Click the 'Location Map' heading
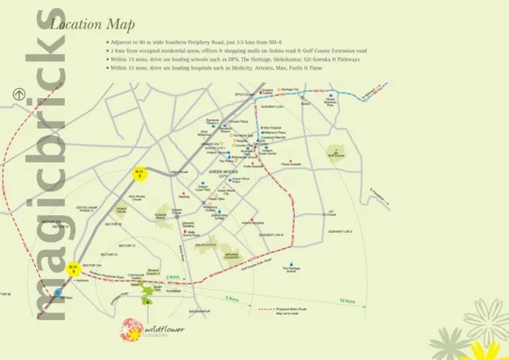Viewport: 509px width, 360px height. [x=87, y=24]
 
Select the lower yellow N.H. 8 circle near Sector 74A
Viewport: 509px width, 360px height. [x=74, y=268]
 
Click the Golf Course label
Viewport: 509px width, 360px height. [x=337, y=154]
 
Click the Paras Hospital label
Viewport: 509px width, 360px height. [x=291, y=165]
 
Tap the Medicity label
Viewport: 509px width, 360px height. [x=184, y=197]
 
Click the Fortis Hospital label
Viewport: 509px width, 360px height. [x=254, y=165]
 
